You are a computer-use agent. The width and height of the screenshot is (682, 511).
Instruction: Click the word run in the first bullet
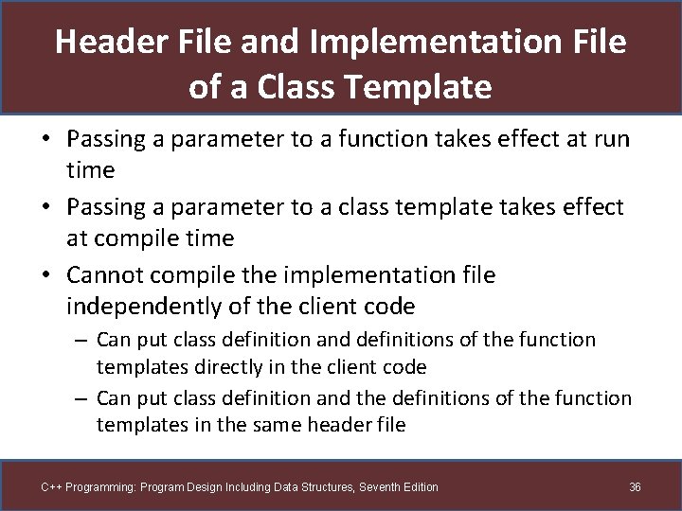pyautogui.click(x=612, y=139)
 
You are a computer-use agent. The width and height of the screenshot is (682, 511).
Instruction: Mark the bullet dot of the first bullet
pyautogui.click(x=45, y=140)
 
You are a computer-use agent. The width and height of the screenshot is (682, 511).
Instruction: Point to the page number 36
pyautogui.click(x=635, y=486)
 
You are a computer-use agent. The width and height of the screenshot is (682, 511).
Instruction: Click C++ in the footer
pyautogui.click(x=51, y=486)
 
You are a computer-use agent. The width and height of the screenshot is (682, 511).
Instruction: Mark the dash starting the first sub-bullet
pyautogui.click(x=82, y=340)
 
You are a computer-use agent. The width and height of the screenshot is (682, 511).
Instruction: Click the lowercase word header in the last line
pyautogui.click(x=339, y=424)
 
